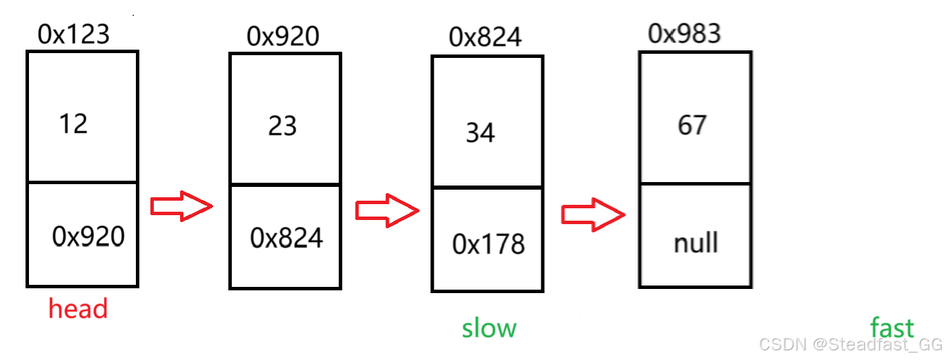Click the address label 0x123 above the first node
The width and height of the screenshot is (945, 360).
pos(74,33)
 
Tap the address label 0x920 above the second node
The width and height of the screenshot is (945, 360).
pos(283,37)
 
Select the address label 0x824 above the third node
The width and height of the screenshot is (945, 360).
pos(485,37)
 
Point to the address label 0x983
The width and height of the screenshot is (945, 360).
pos(684,32)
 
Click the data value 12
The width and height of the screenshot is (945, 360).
pos(73,124)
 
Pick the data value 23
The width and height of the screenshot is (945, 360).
pos(283,126)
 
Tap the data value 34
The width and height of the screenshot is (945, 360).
pos(480,132)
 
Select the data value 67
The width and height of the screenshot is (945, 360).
pos(692,126)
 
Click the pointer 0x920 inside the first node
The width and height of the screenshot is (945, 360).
pos(88,237)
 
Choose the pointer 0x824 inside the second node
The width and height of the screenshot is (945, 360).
pos(286,238)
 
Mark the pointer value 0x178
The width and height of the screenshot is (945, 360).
pos(488,243)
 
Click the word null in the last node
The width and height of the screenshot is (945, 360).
pos(695,243)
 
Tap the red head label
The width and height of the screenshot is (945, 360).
pos(78,308)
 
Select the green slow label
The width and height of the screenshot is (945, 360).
pos(489,328)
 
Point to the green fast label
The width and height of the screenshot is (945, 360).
pos(892,328)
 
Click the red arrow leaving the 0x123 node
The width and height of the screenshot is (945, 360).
pos(181,206)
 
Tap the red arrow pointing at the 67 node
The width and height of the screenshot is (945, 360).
pos(593,214)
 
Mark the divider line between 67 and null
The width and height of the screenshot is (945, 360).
pos(695,184)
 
